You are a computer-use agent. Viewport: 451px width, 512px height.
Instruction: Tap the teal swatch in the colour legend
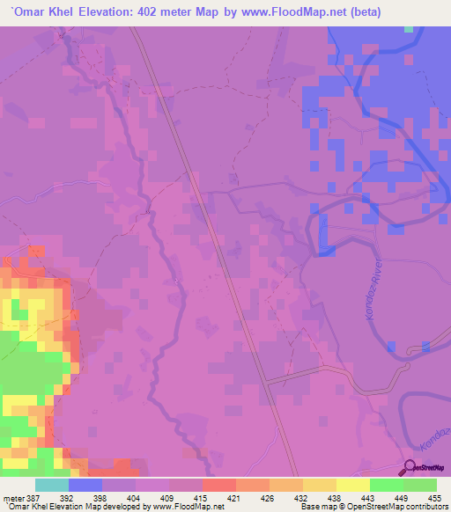tap(52, 485)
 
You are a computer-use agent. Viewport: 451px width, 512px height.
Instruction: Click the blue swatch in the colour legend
tap(85, 485)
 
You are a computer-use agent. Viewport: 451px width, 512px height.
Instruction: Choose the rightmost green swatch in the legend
tap(420, 485)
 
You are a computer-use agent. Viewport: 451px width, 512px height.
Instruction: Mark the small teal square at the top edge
tap(409, 29)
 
